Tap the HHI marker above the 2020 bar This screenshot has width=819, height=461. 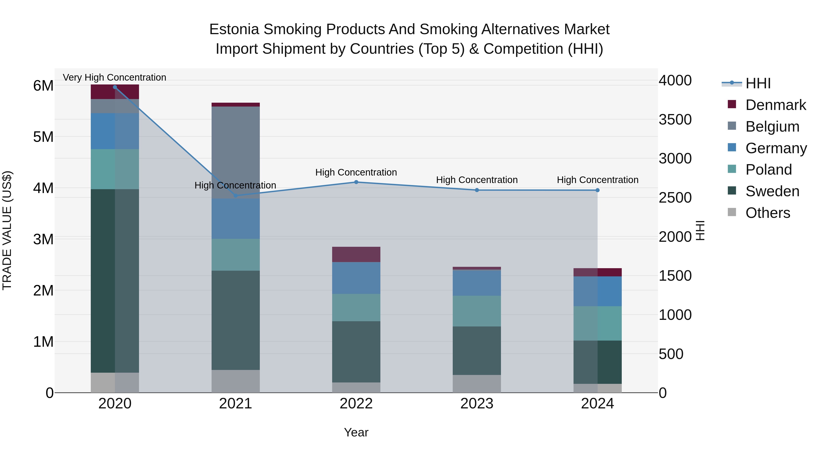[x=115, y=87]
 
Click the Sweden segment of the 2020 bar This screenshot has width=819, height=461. [x=115, y=280]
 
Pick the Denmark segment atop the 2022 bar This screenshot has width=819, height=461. [x=356, y=254]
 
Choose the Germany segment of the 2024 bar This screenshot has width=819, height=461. [x=597, y=291]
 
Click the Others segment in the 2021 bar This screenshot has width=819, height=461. [x=236, y=381]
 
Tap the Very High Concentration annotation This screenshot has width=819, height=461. [x=114, y=77]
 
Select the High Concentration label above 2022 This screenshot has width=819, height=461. [x=356, y=172]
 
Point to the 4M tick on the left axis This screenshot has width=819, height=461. [x=43, y=188]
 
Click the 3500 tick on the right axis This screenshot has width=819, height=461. [x=675, y=120]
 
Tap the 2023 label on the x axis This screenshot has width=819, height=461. [x=477, y=403]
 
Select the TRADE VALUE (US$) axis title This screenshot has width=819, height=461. [x=7, y=230]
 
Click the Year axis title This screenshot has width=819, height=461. [x=356, y=432]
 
